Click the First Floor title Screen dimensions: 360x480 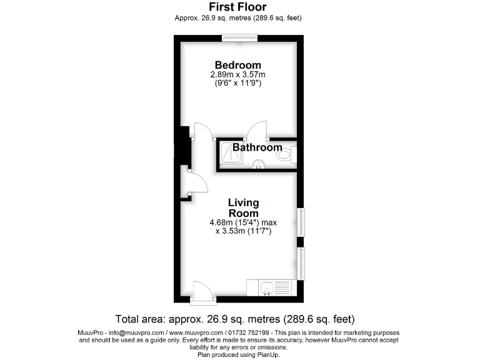(x=237, y=7)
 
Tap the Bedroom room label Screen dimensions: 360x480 (x=237, y=65)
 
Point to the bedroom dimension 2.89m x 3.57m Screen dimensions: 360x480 (x=237, y=74)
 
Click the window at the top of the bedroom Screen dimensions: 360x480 (x=241, y=37)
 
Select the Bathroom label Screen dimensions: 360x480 (x=257, y=147)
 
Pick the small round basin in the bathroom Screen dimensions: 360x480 (x=259, y=165)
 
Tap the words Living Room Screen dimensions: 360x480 (x=243, y=207)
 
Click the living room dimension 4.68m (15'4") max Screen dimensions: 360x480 (x=243, y=222)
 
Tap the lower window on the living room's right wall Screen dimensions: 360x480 (x=301, y=263)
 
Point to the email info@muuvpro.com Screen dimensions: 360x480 (x=137, y=332)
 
